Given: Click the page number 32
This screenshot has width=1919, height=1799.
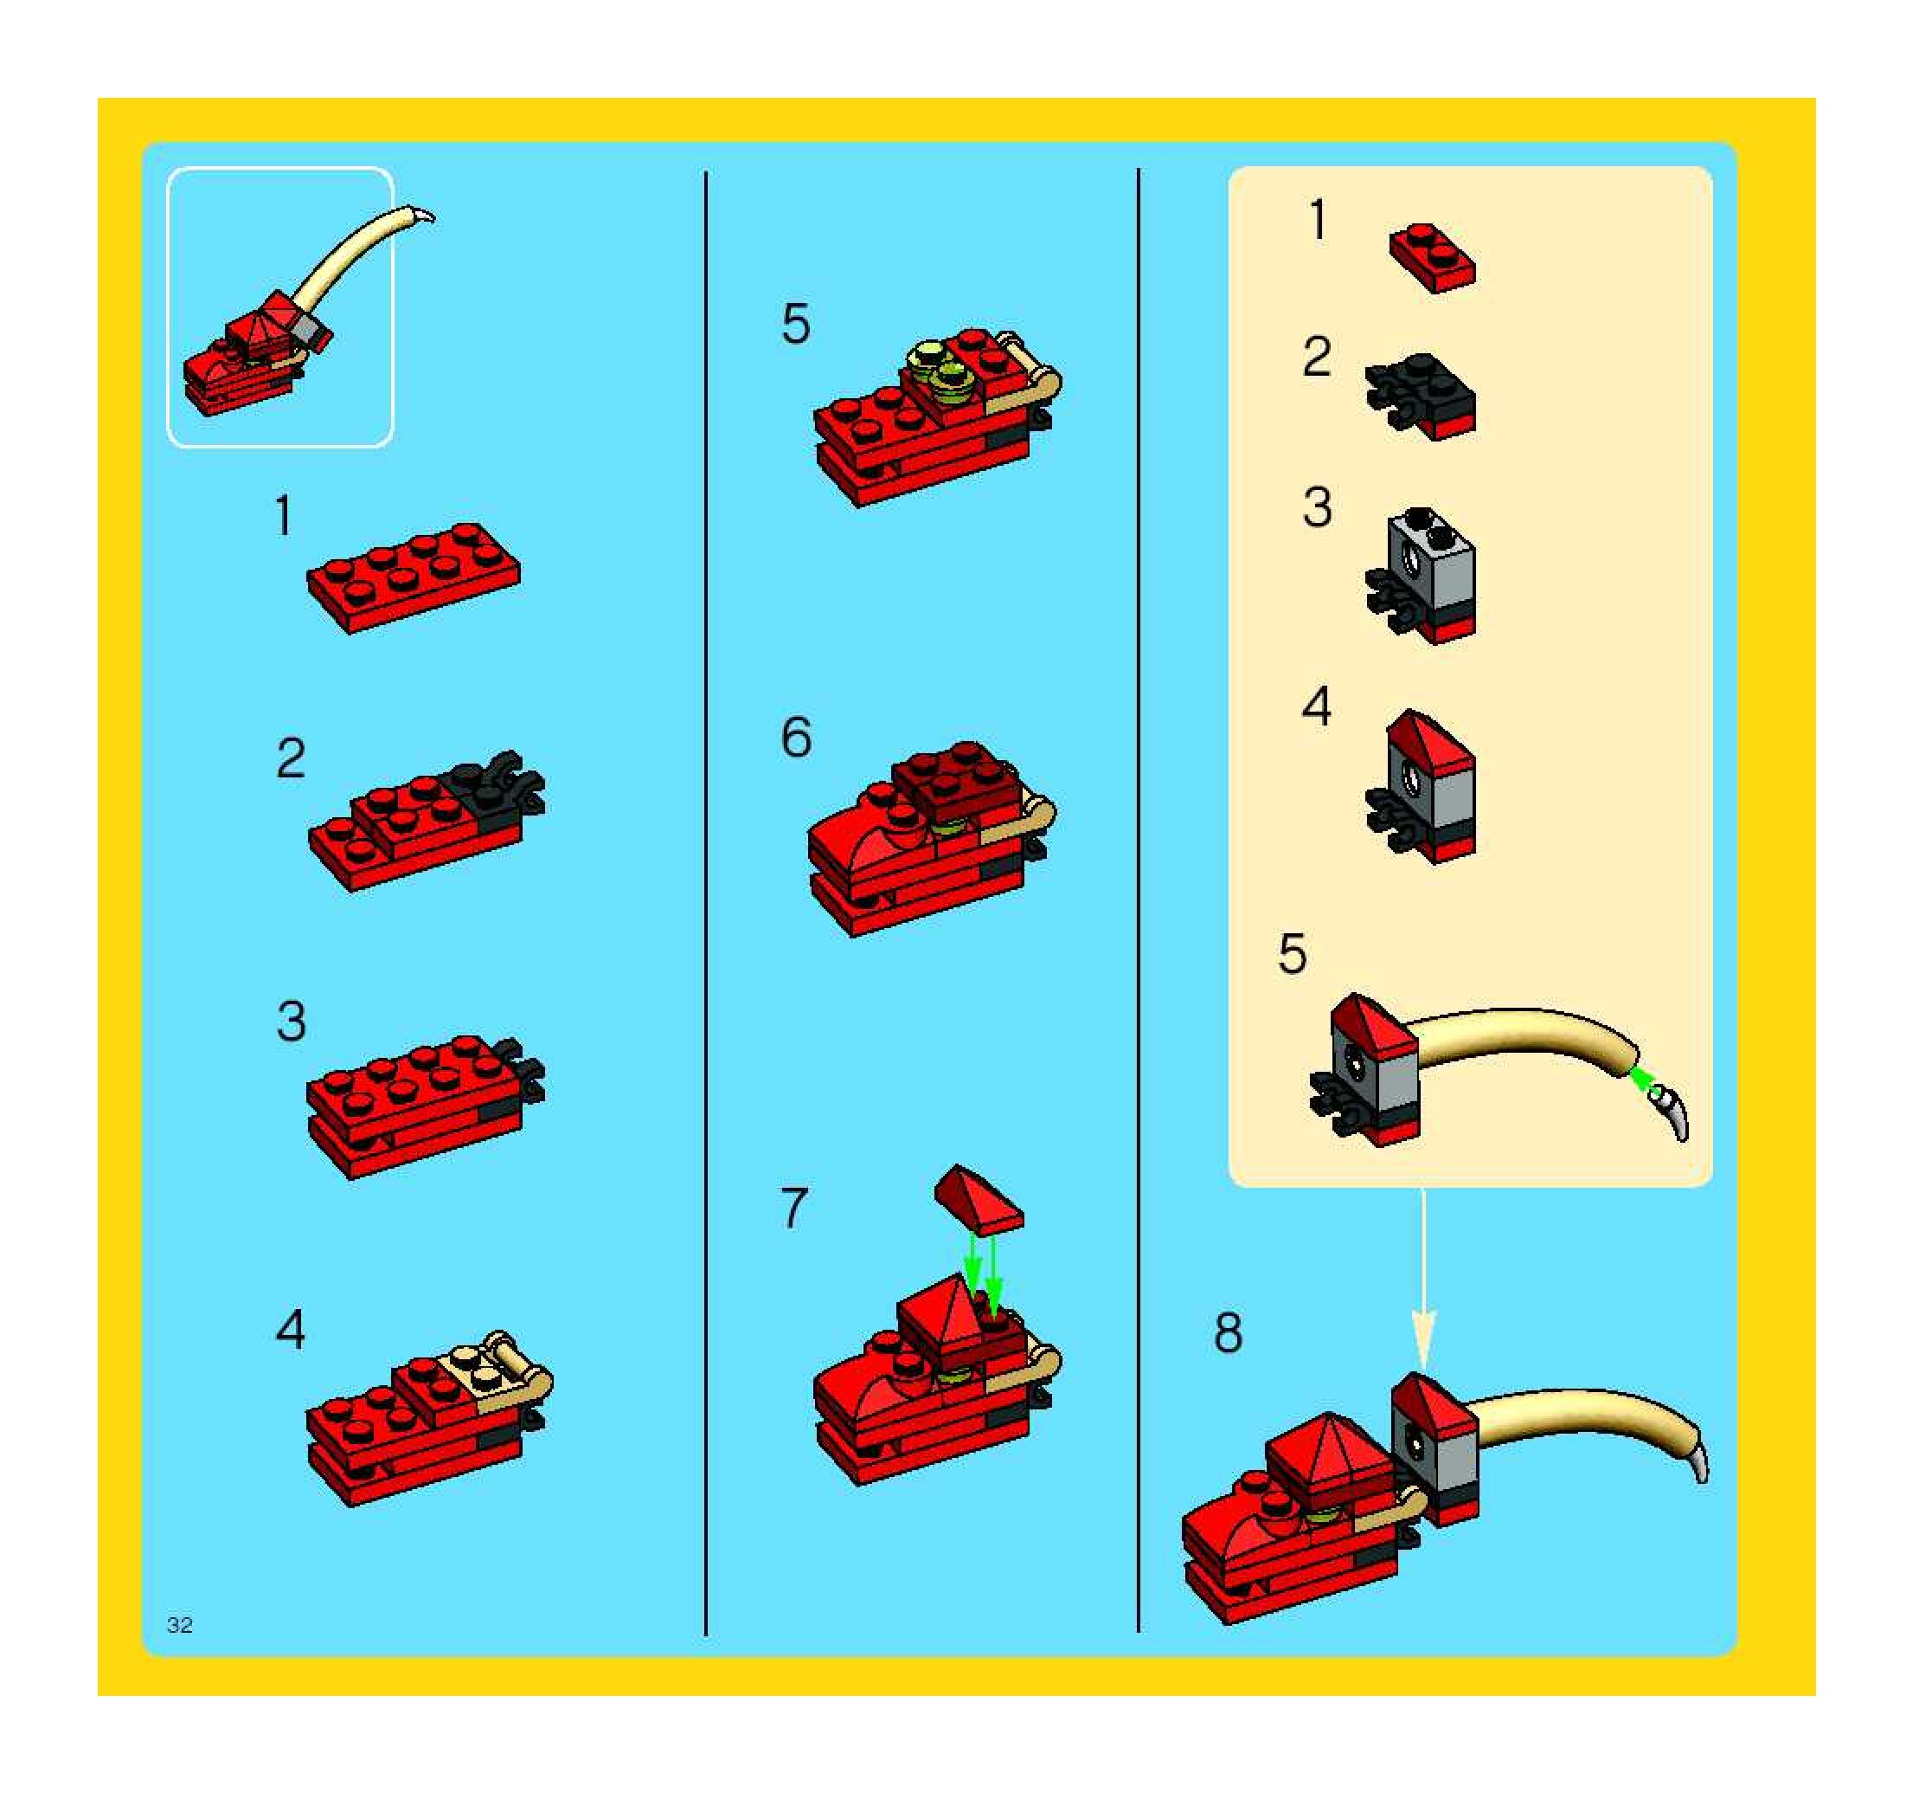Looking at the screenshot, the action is click(180, 1625).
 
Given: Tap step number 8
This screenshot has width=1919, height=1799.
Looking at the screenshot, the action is click(1228, 1333).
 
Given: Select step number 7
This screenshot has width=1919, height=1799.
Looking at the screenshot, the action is click(793, 1208).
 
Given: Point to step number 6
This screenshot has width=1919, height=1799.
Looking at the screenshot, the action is click(796, 738).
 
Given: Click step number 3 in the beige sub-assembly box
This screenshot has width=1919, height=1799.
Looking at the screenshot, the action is click(1318, 507).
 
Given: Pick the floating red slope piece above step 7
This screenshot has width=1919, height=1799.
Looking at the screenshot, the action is click(979, 1200).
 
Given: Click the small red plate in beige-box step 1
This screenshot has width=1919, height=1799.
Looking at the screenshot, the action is click(1433, 257).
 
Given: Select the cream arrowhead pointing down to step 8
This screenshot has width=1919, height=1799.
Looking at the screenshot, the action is click(1424, 1338).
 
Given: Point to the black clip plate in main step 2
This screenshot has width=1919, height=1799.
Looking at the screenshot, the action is click(500, 784).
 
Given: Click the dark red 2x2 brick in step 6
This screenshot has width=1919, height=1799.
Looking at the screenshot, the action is click(956, 782).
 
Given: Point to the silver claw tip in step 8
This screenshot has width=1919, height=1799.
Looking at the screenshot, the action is click(1699, 1462).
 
